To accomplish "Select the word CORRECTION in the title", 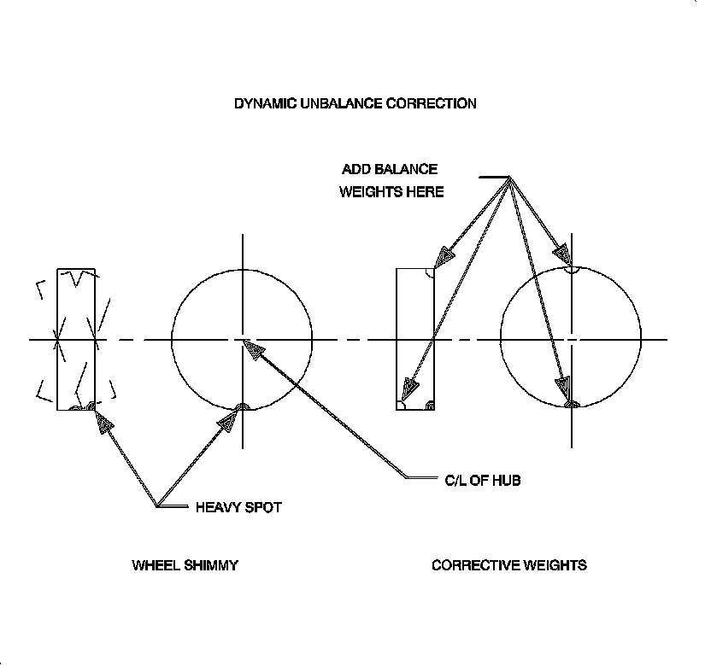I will point(432,103).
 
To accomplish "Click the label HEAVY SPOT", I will point(238,507).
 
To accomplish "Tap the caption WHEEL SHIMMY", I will point(185,565).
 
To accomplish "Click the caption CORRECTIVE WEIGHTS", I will point(508,565).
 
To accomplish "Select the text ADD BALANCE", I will point(389,169).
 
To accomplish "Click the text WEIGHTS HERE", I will point(391,192).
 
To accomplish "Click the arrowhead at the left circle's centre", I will point(253,348).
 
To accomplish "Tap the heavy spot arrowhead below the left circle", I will point(228,421).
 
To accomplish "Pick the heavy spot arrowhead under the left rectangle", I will point(104,422).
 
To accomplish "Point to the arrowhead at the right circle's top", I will point(561,253).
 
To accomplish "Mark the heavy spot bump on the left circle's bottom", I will point(243,406).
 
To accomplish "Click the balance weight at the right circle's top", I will point(572,269).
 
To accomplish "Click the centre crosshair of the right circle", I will point(572,340).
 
